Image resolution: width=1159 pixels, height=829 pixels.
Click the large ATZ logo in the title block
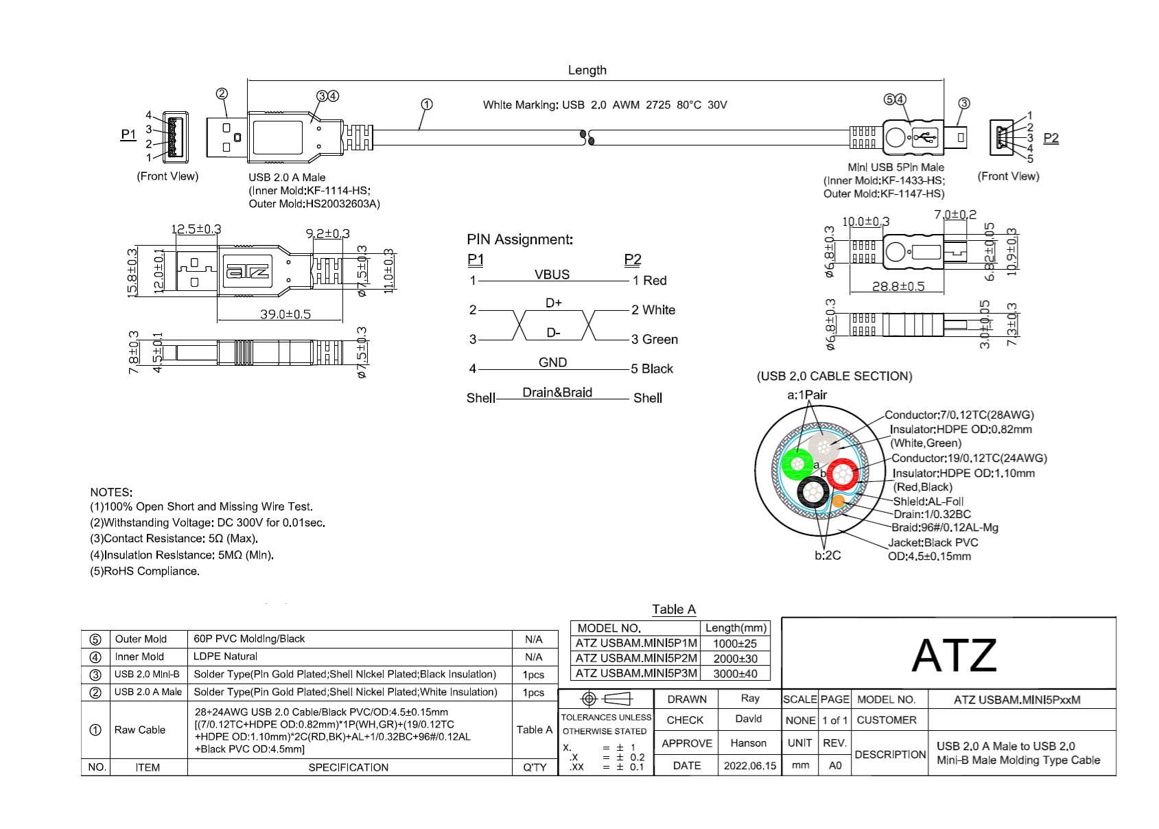click(x=953, y=655)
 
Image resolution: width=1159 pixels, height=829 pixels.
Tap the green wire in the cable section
click(x=797, y=465)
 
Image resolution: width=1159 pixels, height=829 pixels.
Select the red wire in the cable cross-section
click(x=842, y=474)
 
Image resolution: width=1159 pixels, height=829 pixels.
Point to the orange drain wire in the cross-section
click(x=838, y=502)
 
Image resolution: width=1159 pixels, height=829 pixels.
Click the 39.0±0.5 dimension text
click(x=285, y=314)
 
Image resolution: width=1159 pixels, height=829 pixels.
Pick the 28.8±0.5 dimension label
click(x=898, y=286)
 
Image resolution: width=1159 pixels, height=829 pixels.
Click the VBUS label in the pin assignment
click(x=552, y=275)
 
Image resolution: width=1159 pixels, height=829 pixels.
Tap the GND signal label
click(x=552, y=362)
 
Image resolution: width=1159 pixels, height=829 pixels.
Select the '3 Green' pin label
click(x=654, y=339)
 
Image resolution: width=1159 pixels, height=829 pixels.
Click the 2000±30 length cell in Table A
click(x=735, y=658)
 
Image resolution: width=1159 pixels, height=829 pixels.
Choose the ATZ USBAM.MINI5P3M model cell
click(x=636, y=673)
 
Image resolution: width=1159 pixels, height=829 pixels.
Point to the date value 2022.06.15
click(x=750, y=766)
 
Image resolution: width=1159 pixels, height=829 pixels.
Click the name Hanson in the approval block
click(x=748, y=743)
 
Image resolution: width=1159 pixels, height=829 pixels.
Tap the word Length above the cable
click(x=587, y=70)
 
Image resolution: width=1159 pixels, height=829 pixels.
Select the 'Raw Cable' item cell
click(x=140, y=729)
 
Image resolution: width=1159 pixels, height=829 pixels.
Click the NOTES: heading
click(x=111, y=492)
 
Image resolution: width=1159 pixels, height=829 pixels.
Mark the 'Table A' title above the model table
click(x=673, y=609)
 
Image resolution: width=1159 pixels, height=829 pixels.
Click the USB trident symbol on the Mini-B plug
click(x=926, y=137)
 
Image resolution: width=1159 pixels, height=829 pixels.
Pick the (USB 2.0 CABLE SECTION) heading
click(x=834, y=376)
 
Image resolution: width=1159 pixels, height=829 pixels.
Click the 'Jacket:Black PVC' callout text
click(x=933, y=542)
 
